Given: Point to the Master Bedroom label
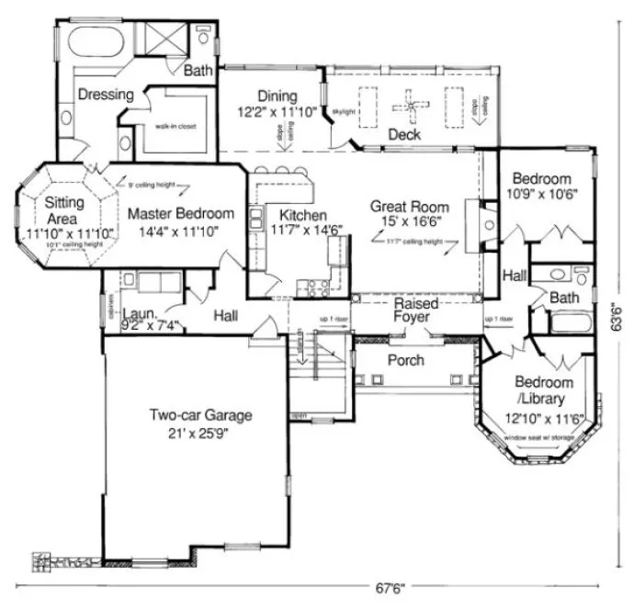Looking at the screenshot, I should (x=180, y=213).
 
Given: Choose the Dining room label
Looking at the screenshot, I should (x=277, y=96).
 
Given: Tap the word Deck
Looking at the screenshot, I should (x=403, y=135).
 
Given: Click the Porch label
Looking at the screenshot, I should (x=405, y=360).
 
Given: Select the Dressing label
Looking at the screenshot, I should (x=106, y=94).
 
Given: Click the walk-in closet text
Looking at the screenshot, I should (x=177, y=127).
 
